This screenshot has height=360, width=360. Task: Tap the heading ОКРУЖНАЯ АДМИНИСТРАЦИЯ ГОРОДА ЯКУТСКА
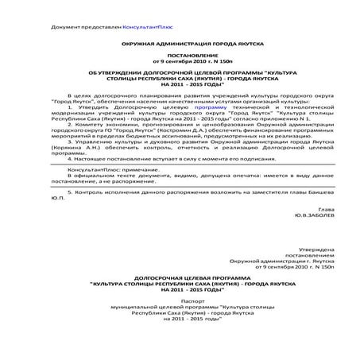pos(180,46)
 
